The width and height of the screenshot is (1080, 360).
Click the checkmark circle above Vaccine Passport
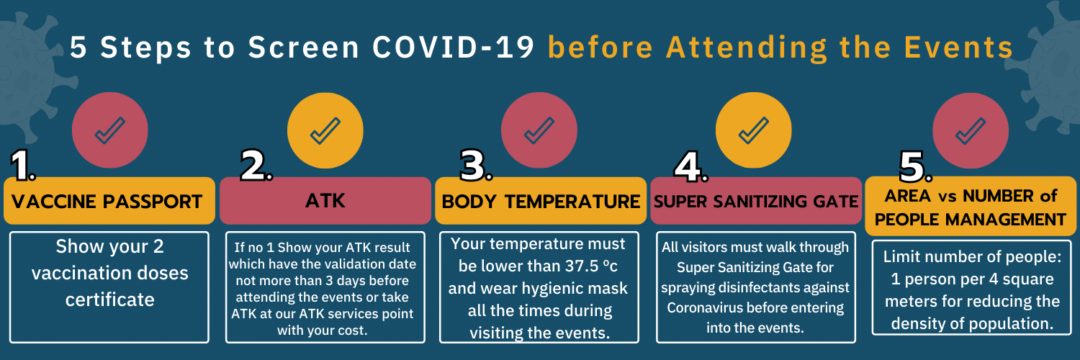110,130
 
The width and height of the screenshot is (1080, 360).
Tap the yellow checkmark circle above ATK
325,130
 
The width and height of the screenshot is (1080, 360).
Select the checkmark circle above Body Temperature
539,130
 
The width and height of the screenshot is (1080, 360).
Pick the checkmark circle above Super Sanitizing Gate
754,130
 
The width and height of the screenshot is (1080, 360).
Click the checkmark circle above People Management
971,130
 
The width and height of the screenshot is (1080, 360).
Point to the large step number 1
22,166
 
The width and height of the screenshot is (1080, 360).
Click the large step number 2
256,166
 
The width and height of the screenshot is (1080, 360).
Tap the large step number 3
476,166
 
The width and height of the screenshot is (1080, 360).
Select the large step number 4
691,167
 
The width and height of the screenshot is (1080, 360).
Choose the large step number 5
916,167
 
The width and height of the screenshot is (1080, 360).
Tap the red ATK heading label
325,200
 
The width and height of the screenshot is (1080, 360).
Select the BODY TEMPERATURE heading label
541,200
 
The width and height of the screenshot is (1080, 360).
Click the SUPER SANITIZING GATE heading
756,200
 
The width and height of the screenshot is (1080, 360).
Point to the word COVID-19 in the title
453,48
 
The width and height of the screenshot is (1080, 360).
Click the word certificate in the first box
110,300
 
